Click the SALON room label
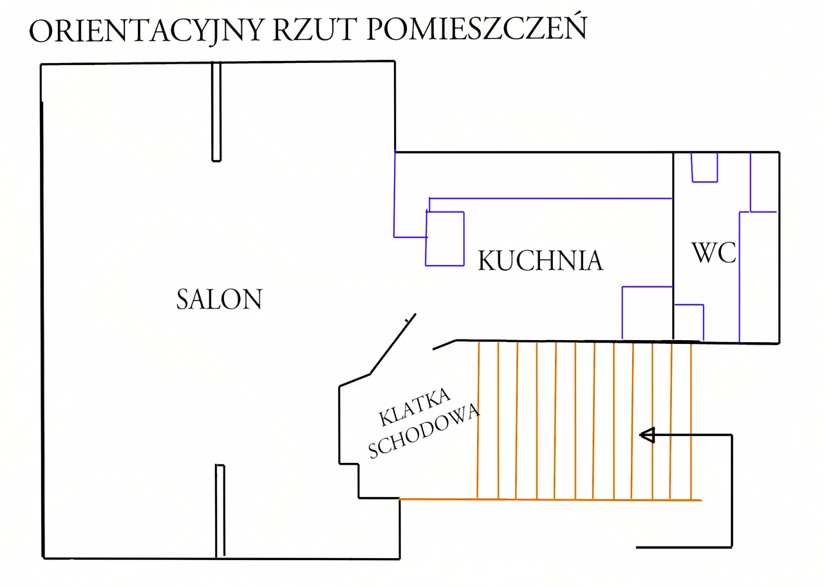coord(219,300)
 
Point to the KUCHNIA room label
coord(540,261)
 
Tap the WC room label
coord(714,253)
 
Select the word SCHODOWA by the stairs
coord(424,431)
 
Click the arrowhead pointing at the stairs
coord(647,435)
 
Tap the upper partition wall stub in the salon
coord(216,111)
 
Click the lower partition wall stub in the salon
coord(220,510)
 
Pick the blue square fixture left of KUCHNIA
coord(445,238)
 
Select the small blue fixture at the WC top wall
coord(704,168)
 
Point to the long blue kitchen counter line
coord(550,199)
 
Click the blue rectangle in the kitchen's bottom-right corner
coord(647,312)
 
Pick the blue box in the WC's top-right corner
coord(764,183)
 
